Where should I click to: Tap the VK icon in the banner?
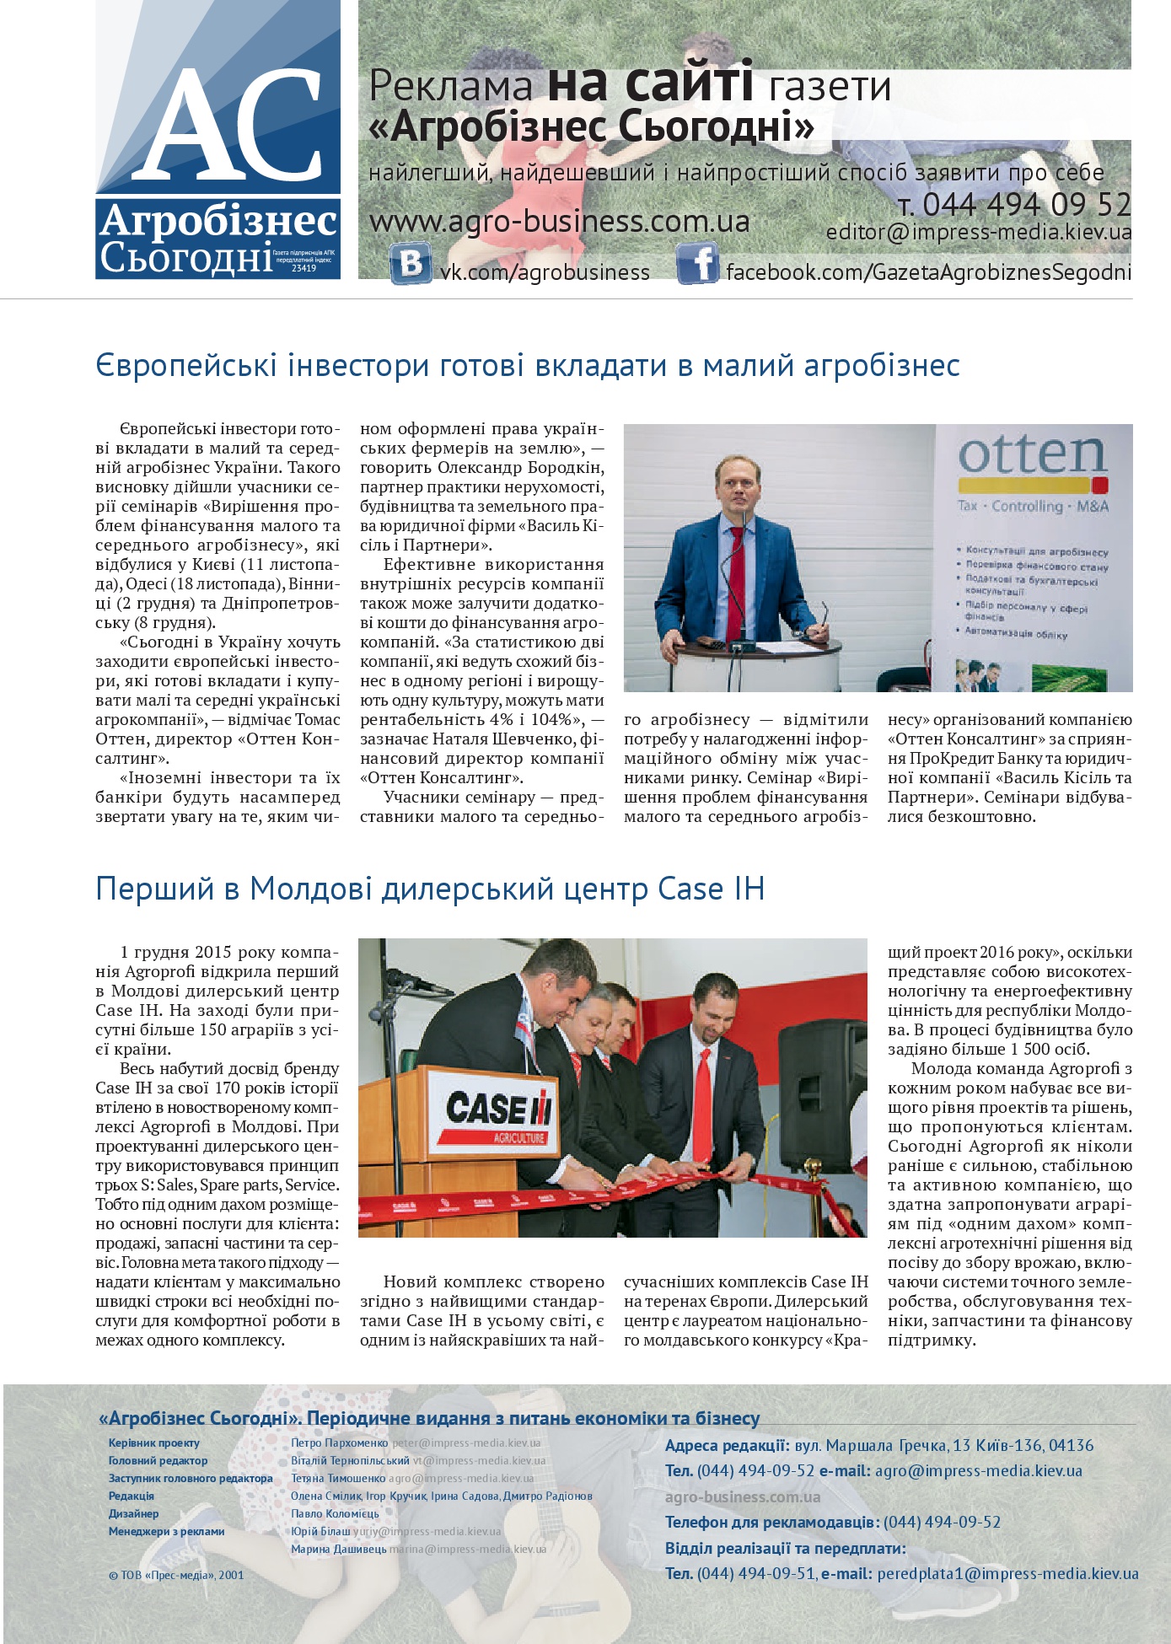[411, 263]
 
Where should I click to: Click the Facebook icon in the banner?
[697, 263]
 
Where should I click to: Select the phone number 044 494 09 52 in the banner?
[1026, 205]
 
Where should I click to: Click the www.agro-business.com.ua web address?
[559, 222]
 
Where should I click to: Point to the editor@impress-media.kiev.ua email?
[978, 232]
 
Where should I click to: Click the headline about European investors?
[527, 366]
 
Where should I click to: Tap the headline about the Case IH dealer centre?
[430, 889]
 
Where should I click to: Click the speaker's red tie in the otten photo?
[736, 573]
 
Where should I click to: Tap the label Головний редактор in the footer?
[158, 1460]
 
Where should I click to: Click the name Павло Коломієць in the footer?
[335, 1513]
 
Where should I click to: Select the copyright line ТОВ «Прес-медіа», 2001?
[176, 1575]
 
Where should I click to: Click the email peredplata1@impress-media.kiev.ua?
[1007, 1574]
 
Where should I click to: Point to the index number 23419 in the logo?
[303, 268]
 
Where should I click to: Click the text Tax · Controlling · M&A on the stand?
[1033, 506]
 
